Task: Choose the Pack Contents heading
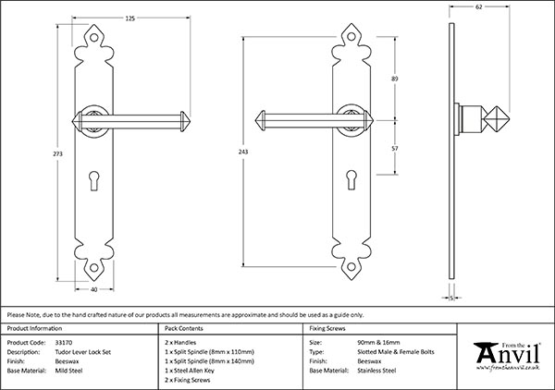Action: pos(185,329)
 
